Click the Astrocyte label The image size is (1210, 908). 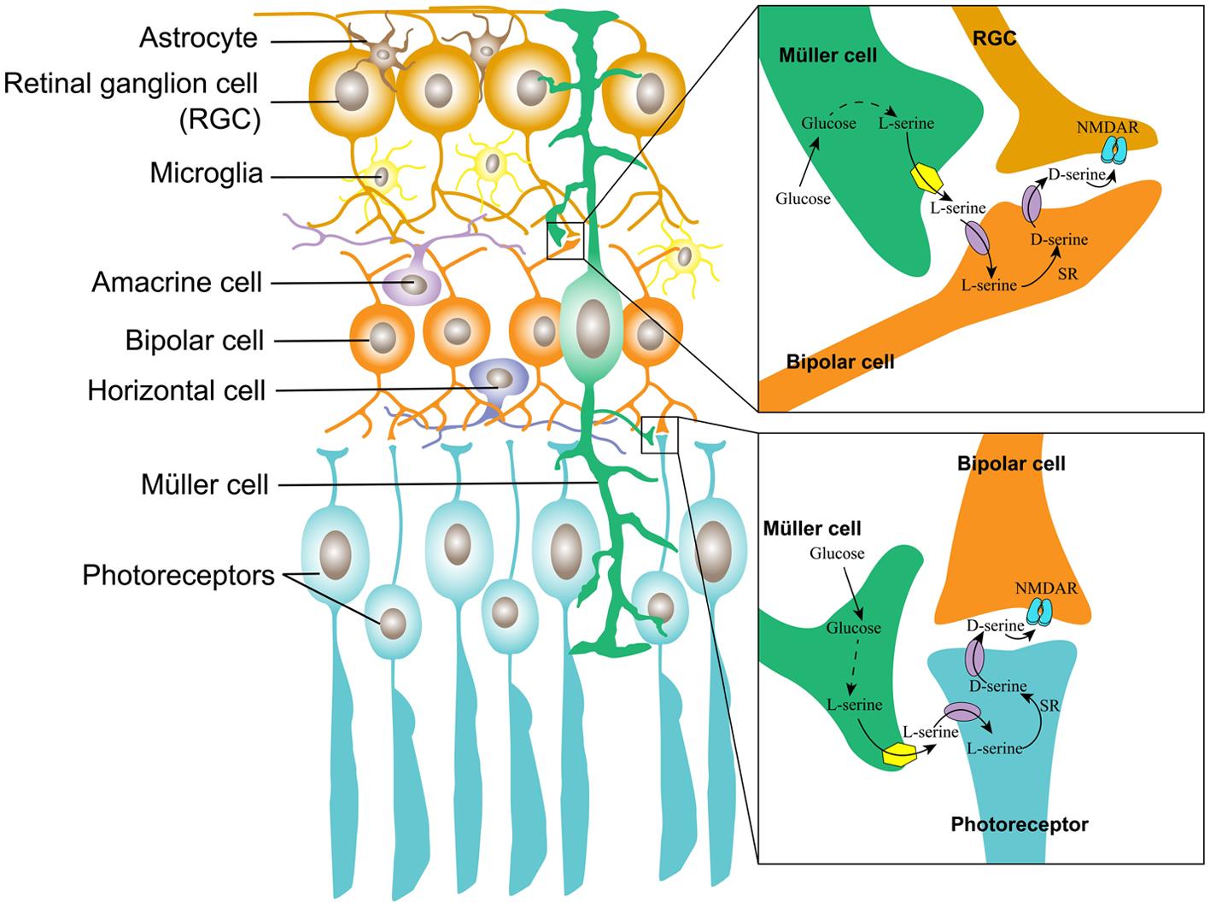(x=198, y=38)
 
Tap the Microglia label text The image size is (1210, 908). (x=206, y=173)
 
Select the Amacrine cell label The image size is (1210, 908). (x=177, y=282)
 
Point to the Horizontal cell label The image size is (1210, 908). (x=177, y=390)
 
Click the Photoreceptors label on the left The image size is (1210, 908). (x=178, y=575)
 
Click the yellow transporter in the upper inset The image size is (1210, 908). (x=925, y=177)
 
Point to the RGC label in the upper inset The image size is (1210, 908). (x=995, y=38)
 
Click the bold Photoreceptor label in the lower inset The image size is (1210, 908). (x=1020, y=824)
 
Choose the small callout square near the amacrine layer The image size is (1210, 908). (x=565, y=240)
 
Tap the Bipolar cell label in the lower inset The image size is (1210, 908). (x=1011, y=464)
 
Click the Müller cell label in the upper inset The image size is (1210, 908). (x=827, y=56)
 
